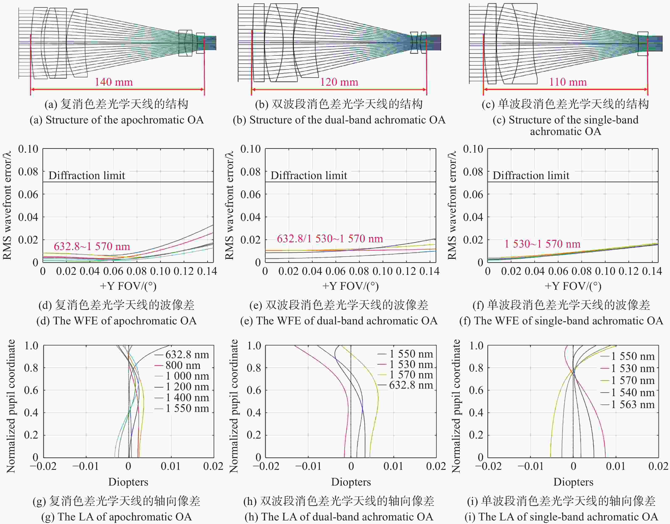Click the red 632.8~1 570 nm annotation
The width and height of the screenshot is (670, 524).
click(92, 246)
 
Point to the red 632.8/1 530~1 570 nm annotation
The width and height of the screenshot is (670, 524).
click(330, 239)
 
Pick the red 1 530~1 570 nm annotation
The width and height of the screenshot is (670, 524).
click(542, 244)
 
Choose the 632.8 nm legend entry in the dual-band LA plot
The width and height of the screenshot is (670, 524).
click(411, 385)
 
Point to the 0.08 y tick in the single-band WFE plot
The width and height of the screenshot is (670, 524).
click(473, 172)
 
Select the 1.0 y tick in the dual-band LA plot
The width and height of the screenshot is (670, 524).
click(254, 346)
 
